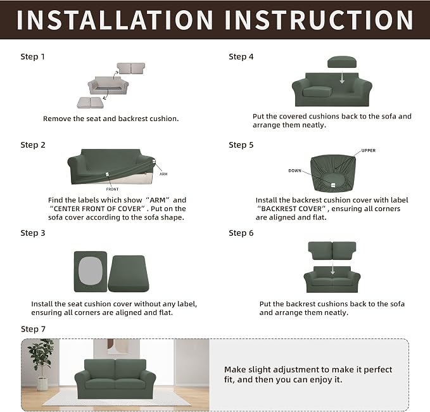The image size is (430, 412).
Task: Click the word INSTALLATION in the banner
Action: click(x=115, y=20)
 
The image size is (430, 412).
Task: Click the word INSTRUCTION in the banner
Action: click(x=319, y=20)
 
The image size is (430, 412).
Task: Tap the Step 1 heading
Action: click(x=33, y=57)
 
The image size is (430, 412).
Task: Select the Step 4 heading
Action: click(x=241, y=57)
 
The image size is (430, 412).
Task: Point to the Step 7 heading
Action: click(x=33, y=329)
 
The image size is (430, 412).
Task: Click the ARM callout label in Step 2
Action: click(x=163, y=174)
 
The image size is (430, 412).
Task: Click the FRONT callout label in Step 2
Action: click(x=112, y=189)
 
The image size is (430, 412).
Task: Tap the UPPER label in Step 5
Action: click(x=369, y=150)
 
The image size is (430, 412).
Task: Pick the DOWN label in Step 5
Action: click(x=295, y=171)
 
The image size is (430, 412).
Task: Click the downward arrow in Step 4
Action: click(x=342, y=77)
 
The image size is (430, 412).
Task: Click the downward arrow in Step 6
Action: click(x=332, y=267)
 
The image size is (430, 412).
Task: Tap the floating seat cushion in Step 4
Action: click(x=342, y=61)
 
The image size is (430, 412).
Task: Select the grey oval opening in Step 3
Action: click(x=91, y=271)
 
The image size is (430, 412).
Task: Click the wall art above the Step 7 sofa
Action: click(x=117, y=347)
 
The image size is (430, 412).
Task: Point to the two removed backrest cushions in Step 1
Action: click(x=131, y=68)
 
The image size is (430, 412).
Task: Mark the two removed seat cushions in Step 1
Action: click(x=90, y=103)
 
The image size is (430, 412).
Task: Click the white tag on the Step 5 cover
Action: click(x=333, y=185)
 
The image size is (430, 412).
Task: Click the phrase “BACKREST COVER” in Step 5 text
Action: click(x=291, y=209)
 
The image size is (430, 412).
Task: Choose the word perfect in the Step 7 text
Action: click(x=377, y=370)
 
